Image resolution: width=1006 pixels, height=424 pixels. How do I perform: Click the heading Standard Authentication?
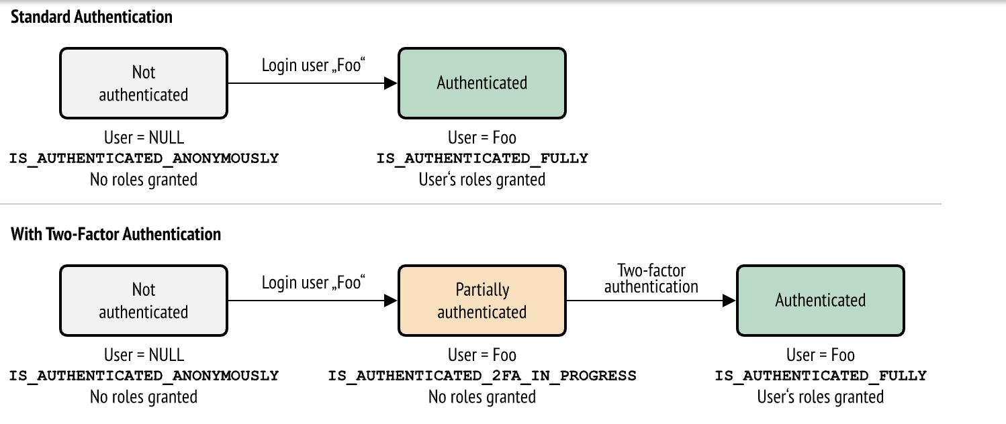[x=91, y=17]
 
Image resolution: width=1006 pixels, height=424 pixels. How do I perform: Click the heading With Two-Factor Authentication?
[x=116, y=234]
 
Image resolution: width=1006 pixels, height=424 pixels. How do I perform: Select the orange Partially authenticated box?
[x=482, y=301]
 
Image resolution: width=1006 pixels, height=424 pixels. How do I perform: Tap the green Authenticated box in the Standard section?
[x=482, y=83]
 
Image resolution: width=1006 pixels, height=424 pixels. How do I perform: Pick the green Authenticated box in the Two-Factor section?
[x=820, y=301]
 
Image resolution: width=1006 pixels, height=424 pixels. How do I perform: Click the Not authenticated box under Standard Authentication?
[x=144, y=83]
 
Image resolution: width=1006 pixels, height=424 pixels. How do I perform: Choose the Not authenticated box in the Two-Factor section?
[x=144, y=301]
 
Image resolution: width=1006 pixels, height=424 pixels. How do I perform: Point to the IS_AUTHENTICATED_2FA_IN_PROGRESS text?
[x=482, y=376]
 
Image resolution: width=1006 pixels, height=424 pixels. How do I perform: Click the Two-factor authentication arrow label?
[x=651, y=278]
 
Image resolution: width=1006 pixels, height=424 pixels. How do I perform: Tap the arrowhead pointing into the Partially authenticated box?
[x=391, y=301]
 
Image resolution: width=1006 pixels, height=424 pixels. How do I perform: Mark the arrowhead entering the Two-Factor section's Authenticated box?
[x=729, y=301]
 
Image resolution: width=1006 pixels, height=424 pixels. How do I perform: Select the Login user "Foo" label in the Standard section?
[x=312, y=66]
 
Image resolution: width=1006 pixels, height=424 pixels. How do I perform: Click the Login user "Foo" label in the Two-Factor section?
[x=312, y=283]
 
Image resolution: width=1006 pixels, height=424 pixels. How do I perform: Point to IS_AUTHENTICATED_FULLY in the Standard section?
[x=482, y=158]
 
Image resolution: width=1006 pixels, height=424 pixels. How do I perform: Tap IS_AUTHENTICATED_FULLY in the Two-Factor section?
[x=820, y=376]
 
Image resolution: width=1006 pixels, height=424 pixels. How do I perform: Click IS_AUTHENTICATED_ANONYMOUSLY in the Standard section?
[x=144, y=158]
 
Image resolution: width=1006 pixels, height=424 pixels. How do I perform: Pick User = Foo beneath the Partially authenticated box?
[x=482, y=354]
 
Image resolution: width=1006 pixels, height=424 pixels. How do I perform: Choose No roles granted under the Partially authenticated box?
[x=482, y=397]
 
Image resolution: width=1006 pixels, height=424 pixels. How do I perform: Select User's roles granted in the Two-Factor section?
[x=820, y=397]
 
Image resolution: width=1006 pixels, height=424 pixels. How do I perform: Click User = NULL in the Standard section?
[x=144, y=138]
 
